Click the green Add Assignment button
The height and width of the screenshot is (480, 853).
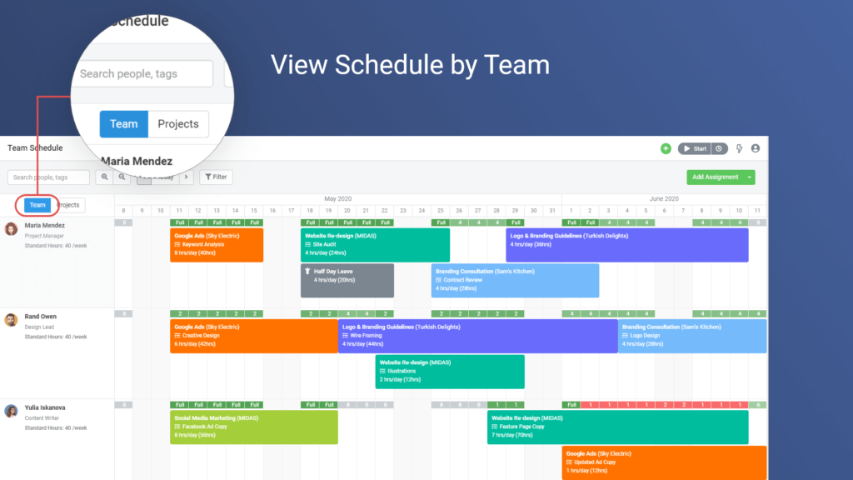point(715,177)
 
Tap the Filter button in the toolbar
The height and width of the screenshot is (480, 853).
point(216,177)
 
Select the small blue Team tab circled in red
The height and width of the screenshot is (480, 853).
point(37,205)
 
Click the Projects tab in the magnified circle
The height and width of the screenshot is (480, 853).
point(178,124)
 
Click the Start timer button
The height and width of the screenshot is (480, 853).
point(695,148)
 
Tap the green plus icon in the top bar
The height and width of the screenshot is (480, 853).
point(666,148)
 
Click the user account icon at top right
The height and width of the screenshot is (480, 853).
point(756,148)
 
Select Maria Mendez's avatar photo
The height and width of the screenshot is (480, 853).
point(12,229)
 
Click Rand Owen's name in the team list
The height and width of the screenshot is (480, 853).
point(41,317)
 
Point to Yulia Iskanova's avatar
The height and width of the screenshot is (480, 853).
point(12,411)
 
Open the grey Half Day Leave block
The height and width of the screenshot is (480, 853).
point(347,280)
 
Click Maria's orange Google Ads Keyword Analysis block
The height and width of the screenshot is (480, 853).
point(217,244)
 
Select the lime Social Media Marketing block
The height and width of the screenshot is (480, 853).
point(254,427)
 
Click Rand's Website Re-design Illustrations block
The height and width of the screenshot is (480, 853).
point(450,372)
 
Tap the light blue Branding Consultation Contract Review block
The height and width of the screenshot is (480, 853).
point(515,280)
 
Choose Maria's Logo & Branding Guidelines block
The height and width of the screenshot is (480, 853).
point(626,244)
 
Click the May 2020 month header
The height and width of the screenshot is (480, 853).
point(337,199)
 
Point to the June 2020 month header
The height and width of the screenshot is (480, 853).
point(664,199)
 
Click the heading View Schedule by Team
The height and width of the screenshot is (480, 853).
point(410,65)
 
